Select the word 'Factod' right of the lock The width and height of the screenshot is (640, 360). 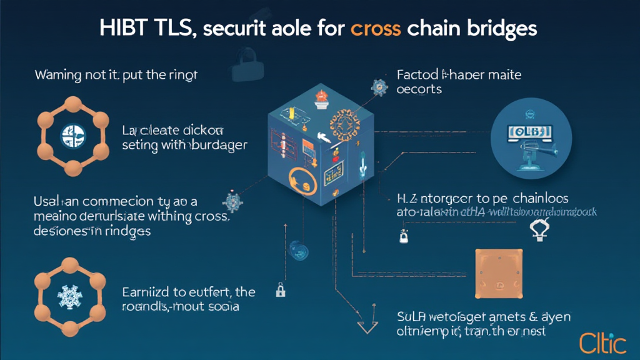pos(414,76)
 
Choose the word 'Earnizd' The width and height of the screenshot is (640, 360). pos(146,292)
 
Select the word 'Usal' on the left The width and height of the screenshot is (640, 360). pos(46,202)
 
